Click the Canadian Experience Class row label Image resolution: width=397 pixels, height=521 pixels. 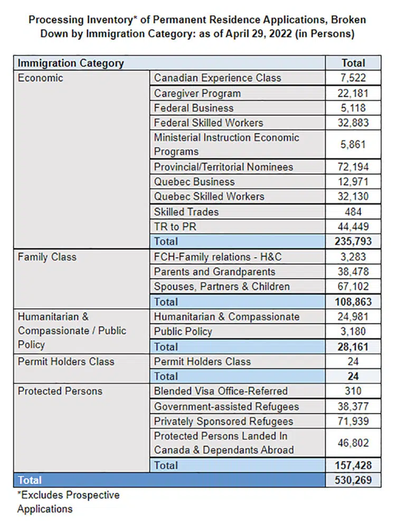pyautogui.click(x=218, y=78)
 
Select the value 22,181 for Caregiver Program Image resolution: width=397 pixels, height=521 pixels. pyautogui.click(x=353, y=94)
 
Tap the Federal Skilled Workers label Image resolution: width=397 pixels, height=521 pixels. pyautogui.click(x=208, y=123)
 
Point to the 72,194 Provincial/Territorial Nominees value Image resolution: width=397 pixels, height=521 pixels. pyautogui.click(x=353, y=167)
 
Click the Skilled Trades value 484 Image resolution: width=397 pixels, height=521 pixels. pyautogui.click(x=353, y=212)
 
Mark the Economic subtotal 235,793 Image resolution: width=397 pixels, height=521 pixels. pyautogui.click(x=353, y=242)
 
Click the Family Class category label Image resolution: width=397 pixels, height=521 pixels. pyautogui.click(x=47, y=257)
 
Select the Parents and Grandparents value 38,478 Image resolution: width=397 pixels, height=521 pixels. pyautogui.click(x=353, y=272)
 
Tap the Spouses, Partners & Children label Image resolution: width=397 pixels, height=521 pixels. pyautogui.click(x=222, y=287)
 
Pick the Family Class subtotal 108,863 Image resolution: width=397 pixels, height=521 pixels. pyautogui.click(x=353, y=302)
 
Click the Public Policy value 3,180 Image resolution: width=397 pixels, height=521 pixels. pyautogui.click(x=353, y=332)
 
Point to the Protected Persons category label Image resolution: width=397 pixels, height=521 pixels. pyautogui.click(x=60, y=391)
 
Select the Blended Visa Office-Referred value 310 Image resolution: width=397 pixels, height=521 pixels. pyautogui.click(x=353, y=391)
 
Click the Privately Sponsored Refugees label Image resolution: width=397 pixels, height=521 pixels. pyautogui.click(x=223, y=422)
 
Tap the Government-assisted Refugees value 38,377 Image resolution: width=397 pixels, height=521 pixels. pyautogui.click(x=353, y=407)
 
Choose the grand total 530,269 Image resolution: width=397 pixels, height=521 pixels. pyautogui.click(x=353, y=481)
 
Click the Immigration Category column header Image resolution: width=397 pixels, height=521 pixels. pyautogui.click(x=71, y=63)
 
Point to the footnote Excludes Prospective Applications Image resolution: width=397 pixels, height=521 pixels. pyautogui.click(x=68, y=502)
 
